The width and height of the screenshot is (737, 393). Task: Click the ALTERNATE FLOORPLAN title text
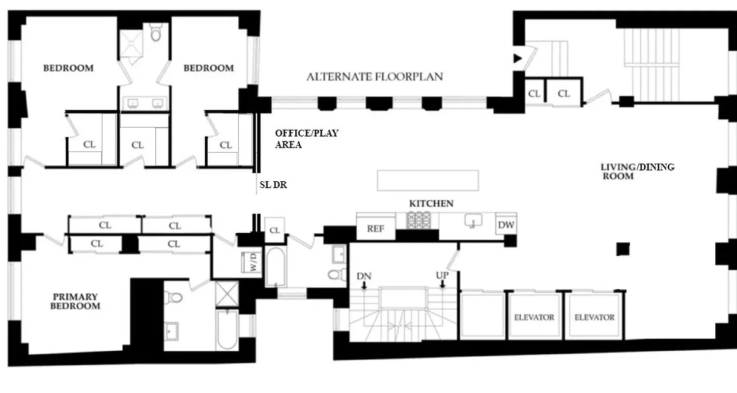point(374,77)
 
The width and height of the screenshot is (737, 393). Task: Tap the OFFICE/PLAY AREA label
point(306,139)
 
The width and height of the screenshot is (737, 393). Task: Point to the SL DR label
point(273,185)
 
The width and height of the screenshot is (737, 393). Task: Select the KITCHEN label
point(431,203)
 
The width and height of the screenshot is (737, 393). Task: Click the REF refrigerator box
point(376,229)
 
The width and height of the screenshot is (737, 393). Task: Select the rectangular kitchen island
point(427,180)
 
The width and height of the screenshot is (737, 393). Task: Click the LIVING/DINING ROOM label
point(637,171)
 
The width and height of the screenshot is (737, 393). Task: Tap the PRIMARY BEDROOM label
point(76,301)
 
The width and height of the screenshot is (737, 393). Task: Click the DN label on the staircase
point(364,276)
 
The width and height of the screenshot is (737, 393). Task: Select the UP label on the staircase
point(442,276)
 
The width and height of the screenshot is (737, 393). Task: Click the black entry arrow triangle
point(517,58)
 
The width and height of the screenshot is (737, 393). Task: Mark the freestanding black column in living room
point(623,249)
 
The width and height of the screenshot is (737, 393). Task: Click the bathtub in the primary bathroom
point(227,330)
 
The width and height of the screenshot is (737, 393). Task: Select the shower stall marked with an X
point(227,294)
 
